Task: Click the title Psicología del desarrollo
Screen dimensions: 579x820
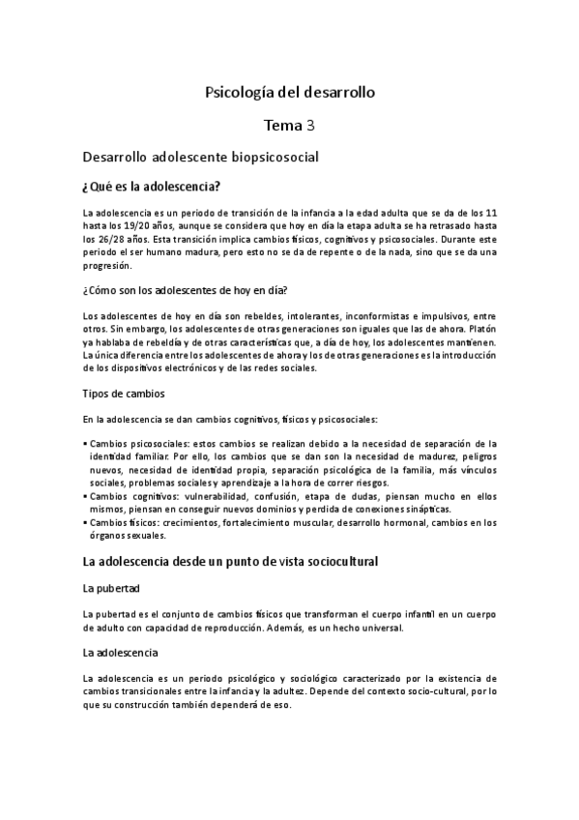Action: coord(289,93)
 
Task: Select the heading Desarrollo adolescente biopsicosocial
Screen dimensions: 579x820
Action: coord(201,155)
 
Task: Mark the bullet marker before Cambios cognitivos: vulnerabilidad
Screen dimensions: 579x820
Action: coord(86,496)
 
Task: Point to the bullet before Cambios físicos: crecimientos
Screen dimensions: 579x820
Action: coord(86,523)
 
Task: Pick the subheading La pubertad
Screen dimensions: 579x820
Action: coord(112,587)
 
